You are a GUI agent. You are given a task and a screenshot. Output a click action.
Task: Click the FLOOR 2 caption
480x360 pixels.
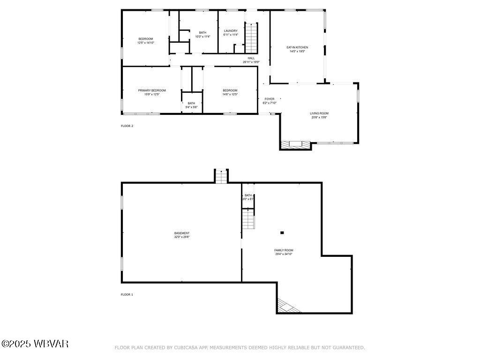[x=127, y=126]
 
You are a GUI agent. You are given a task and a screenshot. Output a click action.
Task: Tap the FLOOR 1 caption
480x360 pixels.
[x=127, y=294]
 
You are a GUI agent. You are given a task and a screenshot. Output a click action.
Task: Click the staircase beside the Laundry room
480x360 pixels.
[x=252, y=37]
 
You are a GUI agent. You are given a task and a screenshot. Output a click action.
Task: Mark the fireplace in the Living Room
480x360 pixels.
[x=295, y=144]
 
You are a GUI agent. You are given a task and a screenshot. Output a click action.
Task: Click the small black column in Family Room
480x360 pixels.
[x=282, y=232]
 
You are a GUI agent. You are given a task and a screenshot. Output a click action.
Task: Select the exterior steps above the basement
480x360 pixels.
[x=221, y=176]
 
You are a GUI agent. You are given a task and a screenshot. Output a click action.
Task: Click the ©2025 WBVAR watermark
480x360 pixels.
[x=35, y=344]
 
